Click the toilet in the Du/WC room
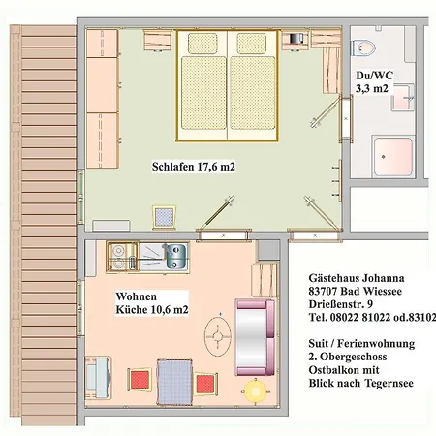(364, 47)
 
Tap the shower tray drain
(383, 157)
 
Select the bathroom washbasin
(403, 97)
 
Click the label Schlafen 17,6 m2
(194, 167)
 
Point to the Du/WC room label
(374, 82)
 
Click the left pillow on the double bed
(202, 44)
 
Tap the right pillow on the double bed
(251, 44)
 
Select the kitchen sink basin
(176, 257)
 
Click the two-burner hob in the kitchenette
(118, 257)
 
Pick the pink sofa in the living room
(256, 337)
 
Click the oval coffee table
(218, 336)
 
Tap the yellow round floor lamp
(255, 391)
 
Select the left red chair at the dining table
(140, 380)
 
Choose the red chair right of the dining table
(205, 384)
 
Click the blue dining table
(174, 382)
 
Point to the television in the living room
(98, 377)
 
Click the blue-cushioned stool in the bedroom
(165, 217)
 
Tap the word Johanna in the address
(384, 278)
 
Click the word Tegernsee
(389, 383)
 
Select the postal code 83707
(323, 291)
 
